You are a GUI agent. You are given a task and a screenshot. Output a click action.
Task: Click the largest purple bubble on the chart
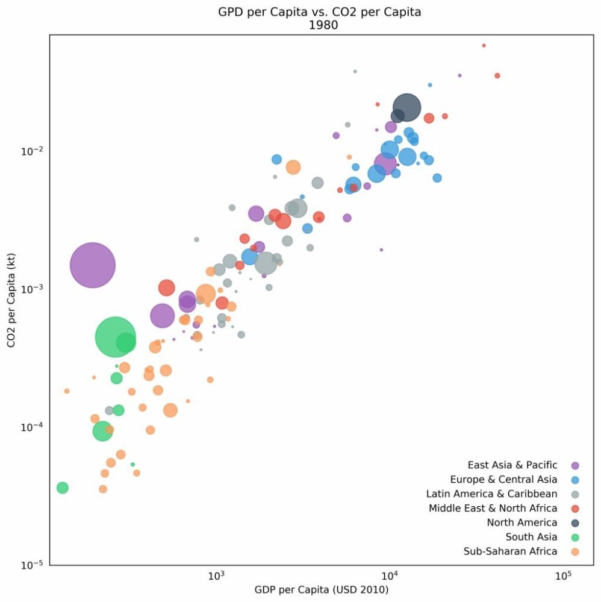[x=92, y=265]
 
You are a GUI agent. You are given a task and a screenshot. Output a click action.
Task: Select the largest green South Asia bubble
[x=116, y=337]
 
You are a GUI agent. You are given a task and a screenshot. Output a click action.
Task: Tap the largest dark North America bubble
[x=406, y=108]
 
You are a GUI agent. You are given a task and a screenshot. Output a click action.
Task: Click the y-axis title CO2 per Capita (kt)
[x=11, y=300]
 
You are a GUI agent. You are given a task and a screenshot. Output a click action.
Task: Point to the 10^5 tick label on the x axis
[x=563, y=574]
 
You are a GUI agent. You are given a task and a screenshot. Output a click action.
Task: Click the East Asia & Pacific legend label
[x=512, y=465]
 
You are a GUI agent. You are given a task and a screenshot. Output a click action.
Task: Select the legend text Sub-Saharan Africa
[x=510, y=551]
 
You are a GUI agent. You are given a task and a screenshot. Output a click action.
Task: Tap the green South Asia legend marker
[x=575, y=537]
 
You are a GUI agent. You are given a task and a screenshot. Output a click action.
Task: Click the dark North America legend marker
[x=575, y=522]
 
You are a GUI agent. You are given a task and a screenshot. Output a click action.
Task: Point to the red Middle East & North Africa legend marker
[x=575, y=509]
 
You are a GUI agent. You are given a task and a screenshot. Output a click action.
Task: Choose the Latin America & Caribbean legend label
[x=491, y=494]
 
